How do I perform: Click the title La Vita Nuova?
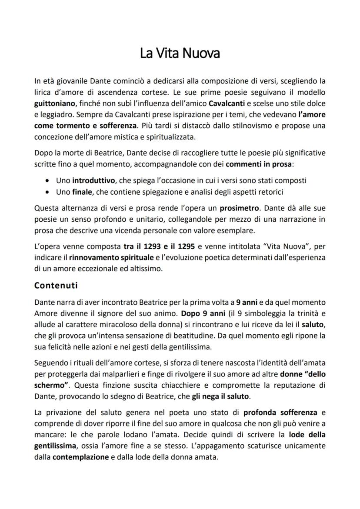pos(180,53)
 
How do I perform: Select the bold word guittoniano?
pos(54,104)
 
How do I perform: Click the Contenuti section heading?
pos(56,286)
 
